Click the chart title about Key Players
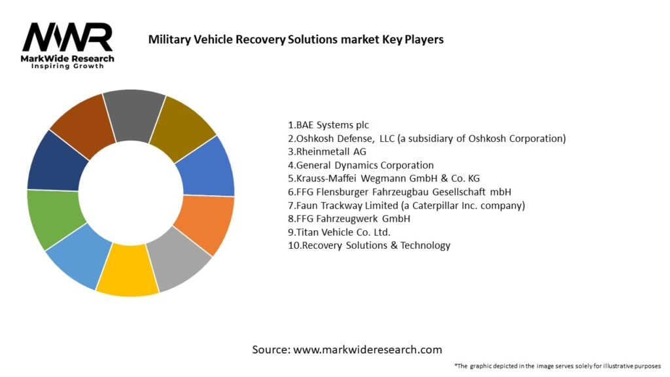point(296,39)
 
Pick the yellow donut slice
point(128,269)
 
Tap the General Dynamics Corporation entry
point(361,165)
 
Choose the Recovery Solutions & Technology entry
point(369,245)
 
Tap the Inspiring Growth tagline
point(67,67)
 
